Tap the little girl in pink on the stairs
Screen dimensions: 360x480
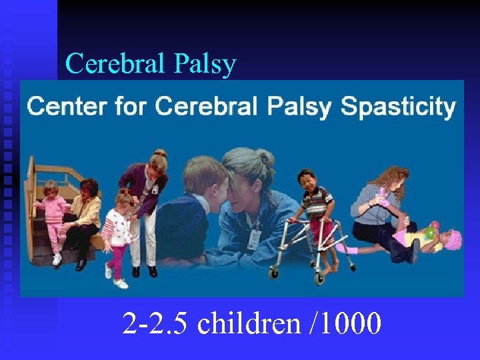click(x=53, y=213)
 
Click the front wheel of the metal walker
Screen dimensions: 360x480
click(x=273, y=271)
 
